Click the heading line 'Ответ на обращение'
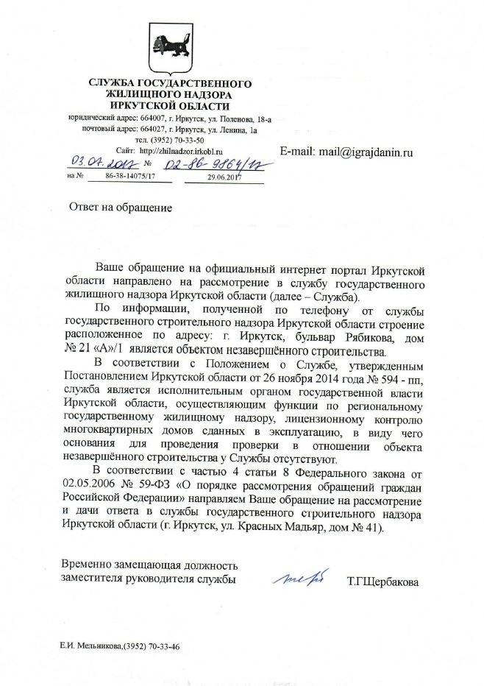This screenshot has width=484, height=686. click(121, 208)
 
